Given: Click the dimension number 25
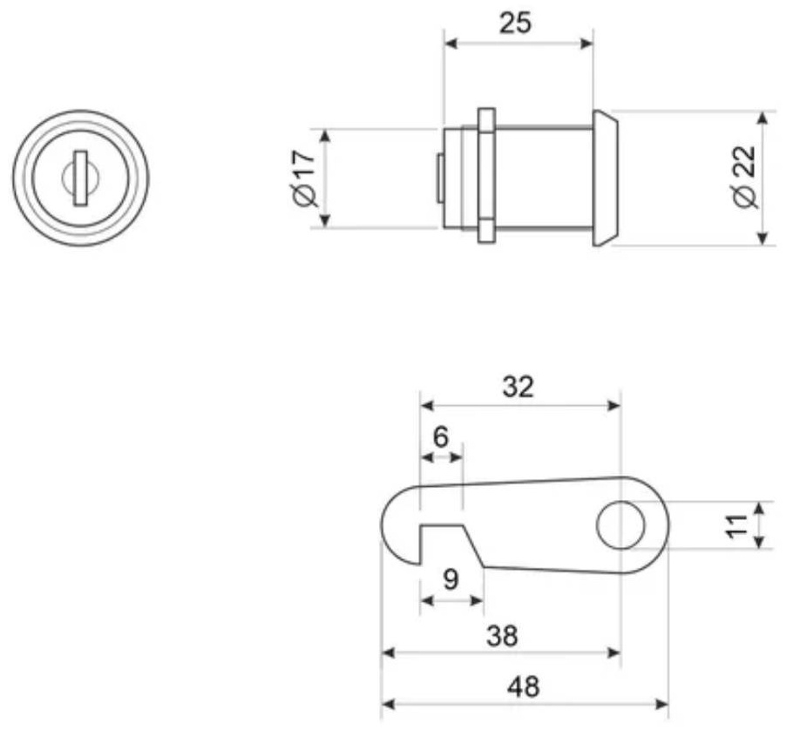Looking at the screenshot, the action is tap(515, 24).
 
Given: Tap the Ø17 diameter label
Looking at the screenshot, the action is tap(304, 178).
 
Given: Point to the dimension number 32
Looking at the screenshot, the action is tap(518, 387).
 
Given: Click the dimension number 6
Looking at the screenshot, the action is tap(440, 437).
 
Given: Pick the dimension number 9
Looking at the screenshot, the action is tap(451, 579).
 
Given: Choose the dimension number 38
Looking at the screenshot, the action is tap(502, 636).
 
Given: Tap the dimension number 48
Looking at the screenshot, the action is tap(524, 687).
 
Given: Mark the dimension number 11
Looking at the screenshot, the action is tap(737, 525).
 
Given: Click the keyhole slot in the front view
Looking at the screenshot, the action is tap(79, 178).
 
